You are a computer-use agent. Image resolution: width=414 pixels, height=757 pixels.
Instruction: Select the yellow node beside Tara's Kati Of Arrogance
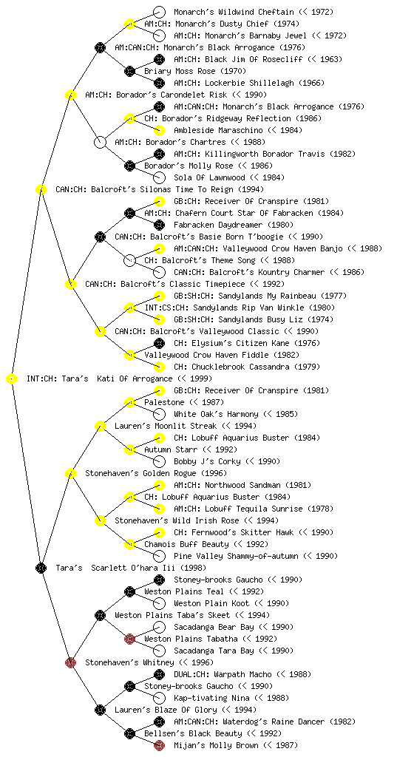point(12,379)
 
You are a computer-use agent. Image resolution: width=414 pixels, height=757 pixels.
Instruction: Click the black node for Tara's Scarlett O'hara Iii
point(41,568)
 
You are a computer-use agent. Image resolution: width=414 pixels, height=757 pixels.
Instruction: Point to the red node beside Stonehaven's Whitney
point(70,662)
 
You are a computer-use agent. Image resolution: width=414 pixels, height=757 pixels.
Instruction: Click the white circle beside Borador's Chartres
point(100,142)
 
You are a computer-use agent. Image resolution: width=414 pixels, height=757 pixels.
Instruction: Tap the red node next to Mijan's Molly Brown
point(159,745)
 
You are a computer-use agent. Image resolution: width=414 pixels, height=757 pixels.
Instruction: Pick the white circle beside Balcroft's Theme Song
point(129,260)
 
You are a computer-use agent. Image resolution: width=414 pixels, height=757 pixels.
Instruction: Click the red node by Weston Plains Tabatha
point(129,639)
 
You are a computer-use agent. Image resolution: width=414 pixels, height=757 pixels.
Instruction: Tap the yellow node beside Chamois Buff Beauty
point(129,544)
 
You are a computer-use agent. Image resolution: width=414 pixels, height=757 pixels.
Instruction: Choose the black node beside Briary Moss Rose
point(129,71)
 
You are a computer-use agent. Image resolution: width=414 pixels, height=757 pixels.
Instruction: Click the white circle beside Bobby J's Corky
point(159,461)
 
